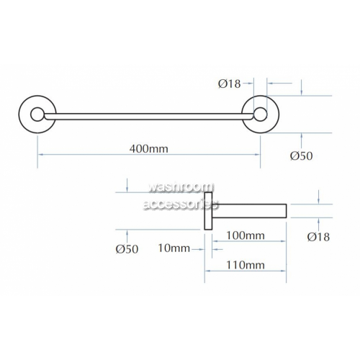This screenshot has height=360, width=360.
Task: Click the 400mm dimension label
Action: coord(149,149)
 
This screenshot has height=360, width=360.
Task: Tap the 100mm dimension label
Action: coord(246,235)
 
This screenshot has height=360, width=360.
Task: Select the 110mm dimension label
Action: coord(246,265)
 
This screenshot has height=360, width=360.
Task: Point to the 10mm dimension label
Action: coord(174,248)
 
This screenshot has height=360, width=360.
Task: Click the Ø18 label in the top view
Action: coord(230,84)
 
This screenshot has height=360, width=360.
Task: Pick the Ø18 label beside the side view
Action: coord(318,237)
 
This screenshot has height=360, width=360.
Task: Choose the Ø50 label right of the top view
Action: coord(302,156)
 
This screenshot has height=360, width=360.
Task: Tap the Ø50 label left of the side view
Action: coord(127,249)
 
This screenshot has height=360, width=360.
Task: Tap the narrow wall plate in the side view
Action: coord(208,211)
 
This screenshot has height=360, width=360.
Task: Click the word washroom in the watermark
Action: coord(181,188)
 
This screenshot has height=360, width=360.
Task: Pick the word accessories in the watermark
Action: coord(180,205)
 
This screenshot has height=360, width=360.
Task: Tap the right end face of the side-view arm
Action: coord(287,211)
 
